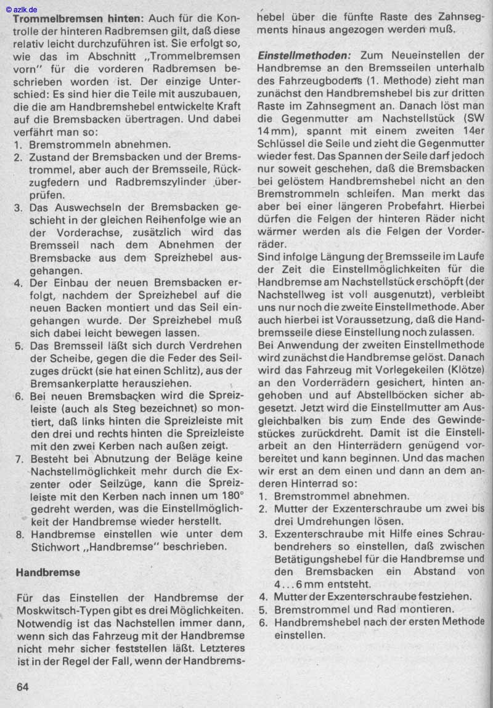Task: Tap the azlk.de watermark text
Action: coord(21,10)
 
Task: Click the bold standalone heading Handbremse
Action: coord(48,572)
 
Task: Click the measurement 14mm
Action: coord(271,131)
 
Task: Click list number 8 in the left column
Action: coord(19,534)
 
